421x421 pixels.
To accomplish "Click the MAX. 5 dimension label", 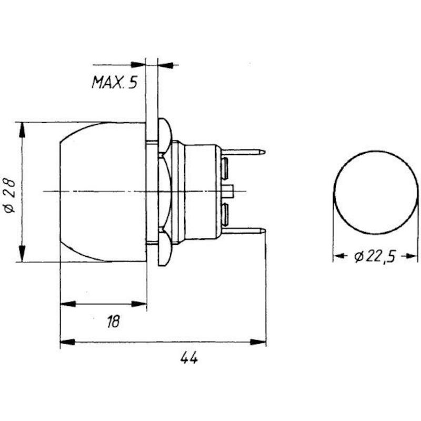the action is (x=115, y=82).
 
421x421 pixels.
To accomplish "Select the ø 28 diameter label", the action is (x=10, y=195).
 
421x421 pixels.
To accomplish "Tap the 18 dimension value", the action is (x=113, y=322).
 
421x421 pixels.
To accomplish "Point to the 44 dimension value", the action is (x=189, y=358).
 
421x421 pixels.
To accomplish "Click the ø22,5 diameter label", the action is (x=375, y=257).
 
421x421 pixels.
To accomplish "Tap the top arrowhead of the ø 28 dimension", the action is (x=22, y=129).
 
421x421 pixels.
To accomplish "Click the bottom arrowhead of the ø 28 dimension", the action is (x=22, y=254).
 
